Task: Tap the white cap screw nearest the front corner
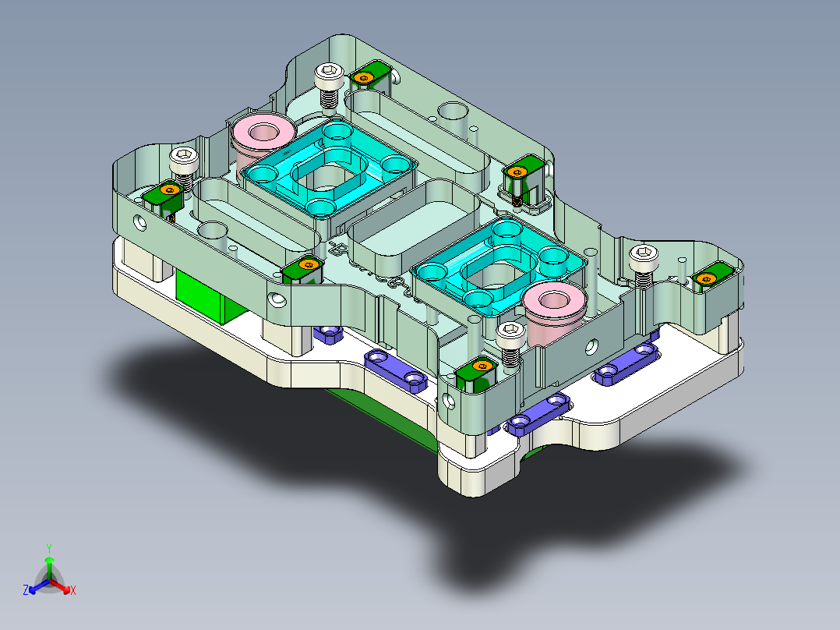[x=509, y=336]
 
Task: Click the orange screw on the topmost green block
[x=363, y=77]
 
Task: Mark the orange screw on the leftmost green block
[x=168, y=189]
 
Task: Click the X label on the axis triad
[x=73, y=591]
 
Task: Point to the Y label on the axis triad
[x=49, y=548]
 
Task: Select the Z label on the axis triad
[x=26, y=591]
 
